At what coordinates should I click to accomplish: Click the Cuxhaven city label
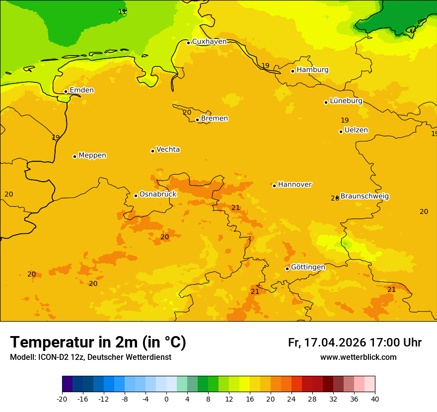(209, 42)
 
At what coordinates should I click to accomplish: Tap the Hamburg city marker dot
(292, 71)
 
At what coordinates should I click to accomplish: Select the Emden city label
(81, 90)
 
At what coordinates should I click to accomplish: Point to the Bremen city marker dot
(197, 120)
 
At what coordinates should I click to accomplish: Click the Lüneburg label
(346, 101)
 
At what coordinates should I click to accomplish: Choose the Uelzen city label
(356, 130)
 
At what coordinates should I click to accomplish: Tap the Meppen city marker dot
(74, 156)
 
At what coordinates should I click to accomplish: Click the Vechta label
(168, 149)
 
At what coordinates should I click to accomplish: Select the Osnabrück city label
(158, 194)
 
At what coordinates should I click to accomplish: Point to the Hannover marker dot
(274, 186)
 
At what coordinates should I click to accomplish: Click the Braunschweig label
(364, 196)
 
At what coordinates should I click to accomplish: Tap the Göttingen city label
(308, 267)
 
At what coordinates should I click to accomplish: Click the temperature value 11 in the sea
(122, 11)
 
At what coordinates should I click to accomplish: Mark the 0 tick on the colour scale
(166, 399)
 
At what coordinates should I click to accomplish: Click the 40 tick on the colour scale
(374, 399)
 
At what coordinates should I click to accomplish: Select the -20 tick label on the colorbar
(62, 399)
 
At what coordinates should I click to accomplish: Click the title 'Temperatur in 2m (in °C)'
(98, 343)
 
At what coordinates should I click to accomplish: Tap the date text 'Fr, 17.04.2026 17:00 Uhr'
(355, 343)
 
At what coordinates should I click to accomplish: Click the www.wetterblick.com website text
(358, 357)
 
